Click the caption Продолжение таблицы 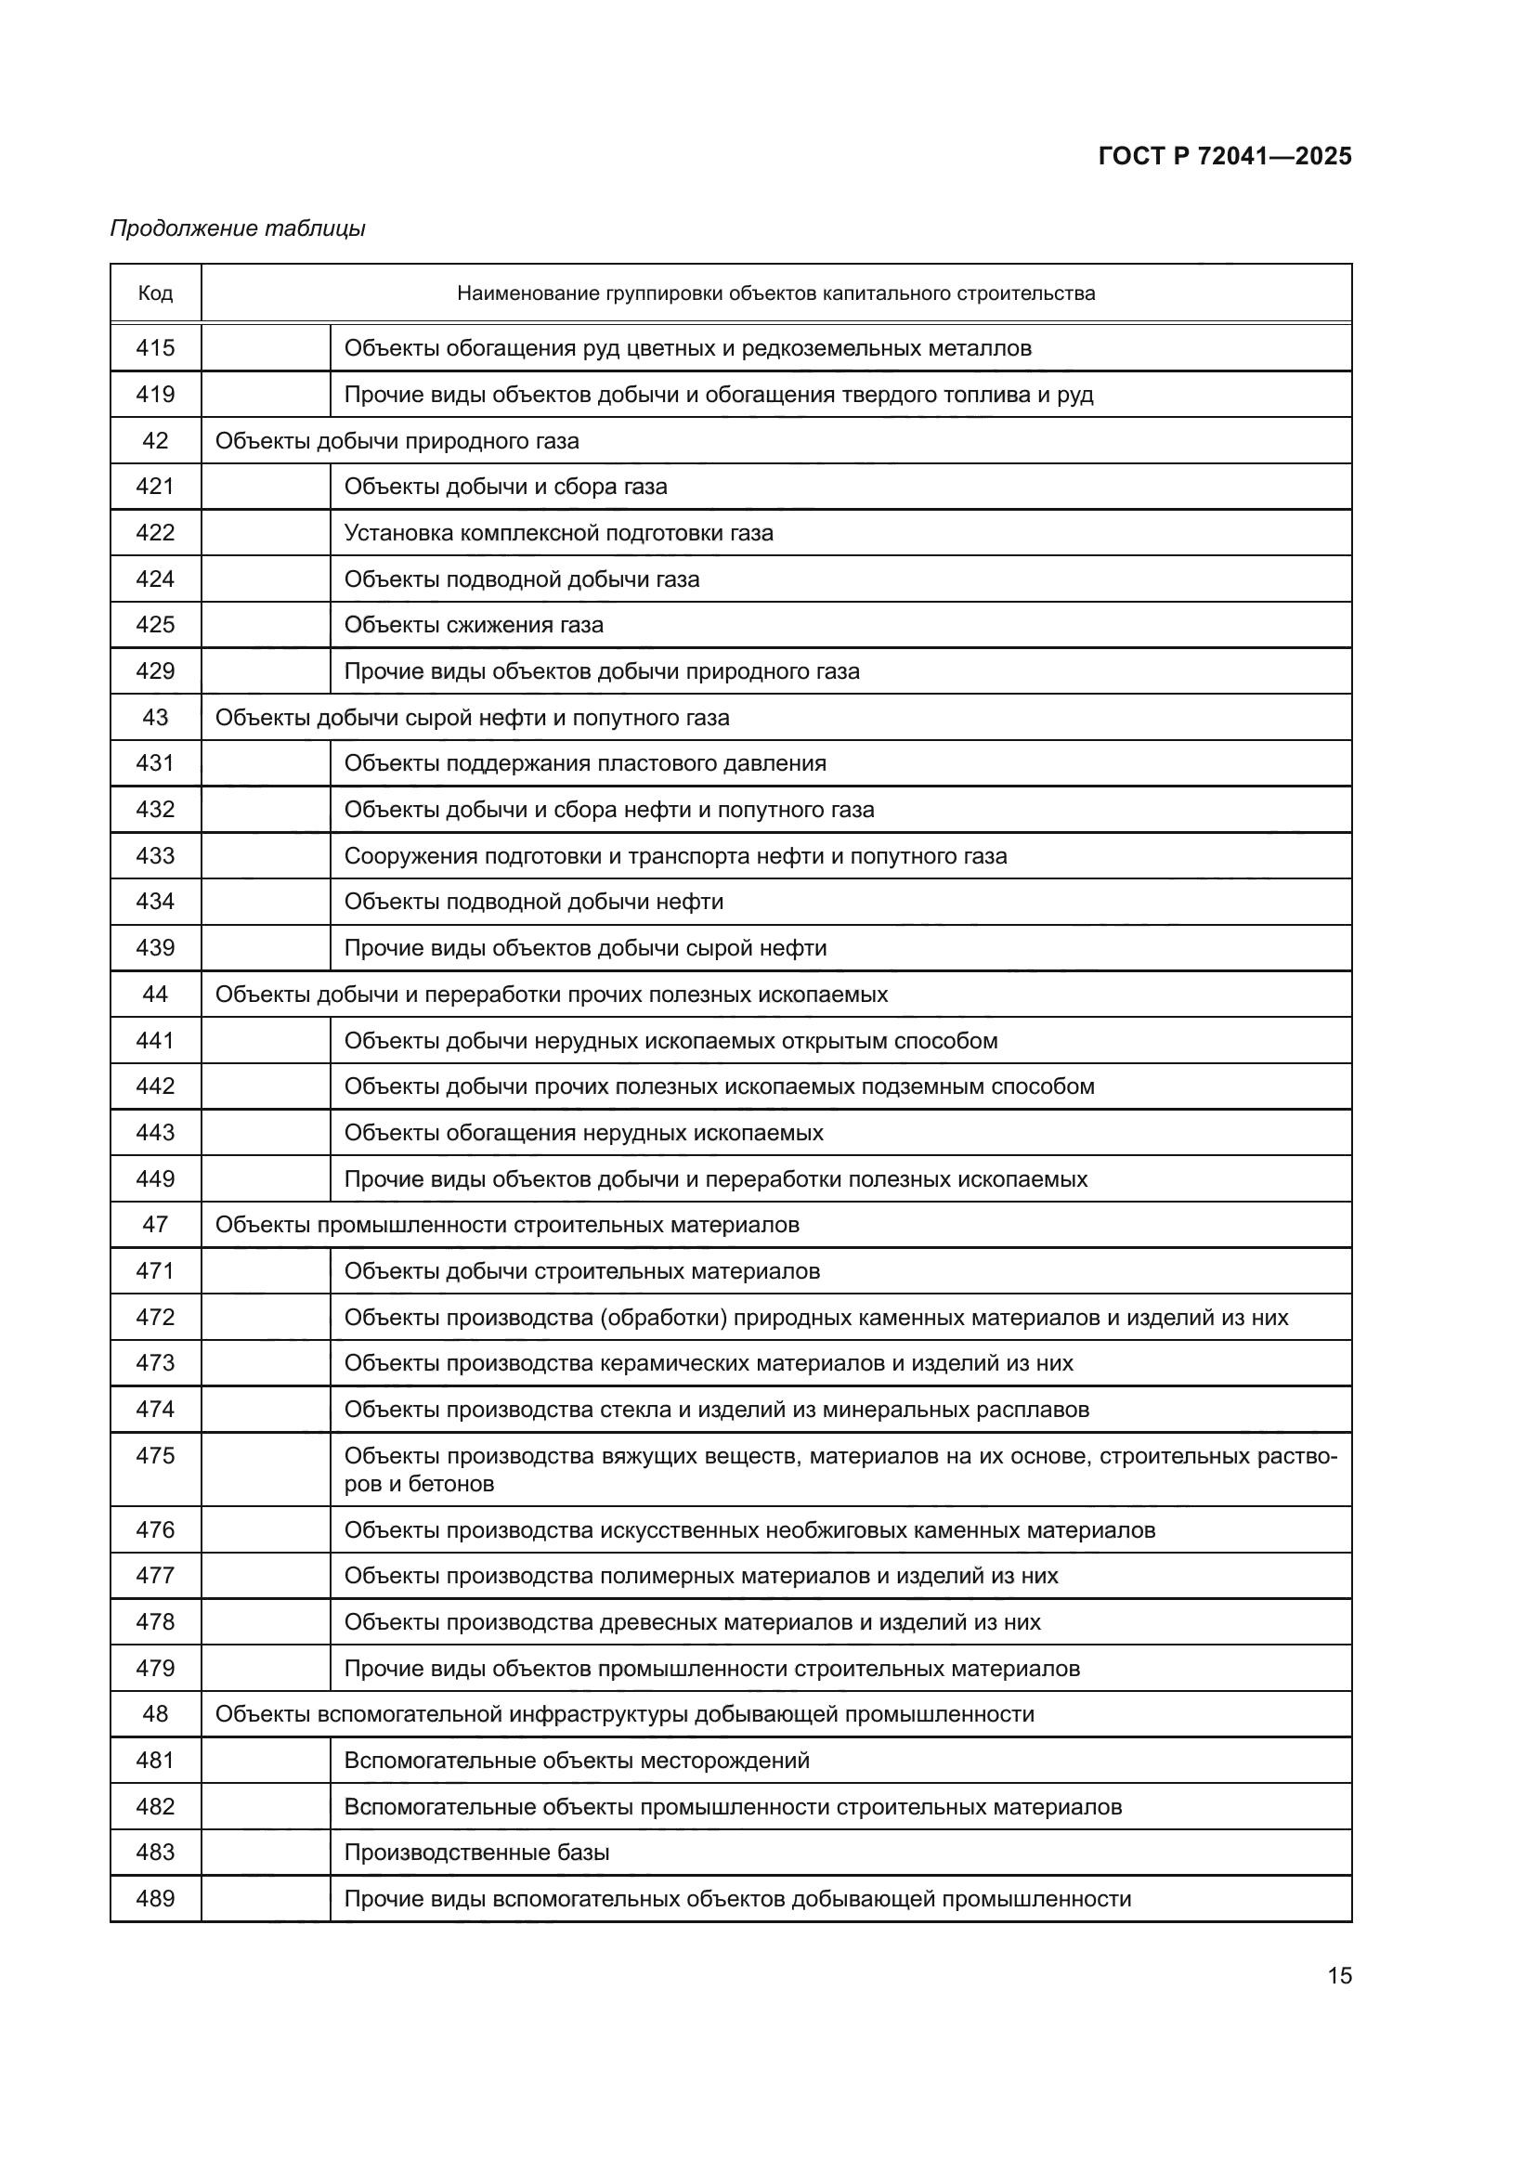click(x=238, y=229)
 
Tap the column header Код click(x=155, y=294)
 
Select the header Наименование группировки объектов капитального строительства click(x=775, y=294)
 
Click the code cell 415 click(x=155, y=348)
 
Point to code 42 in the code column click(x=155, y=441)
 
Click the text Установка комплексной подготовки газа click(x=558, y=534)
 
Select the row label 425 click(x=155, y=625)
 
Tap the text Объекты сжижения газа click(x=473, y=625)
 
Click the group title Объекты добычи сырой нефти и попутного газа click(x=472, y=718)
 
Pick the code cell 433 click(x=155, y=856)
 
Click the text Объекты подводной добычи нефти click(x=533, y=902)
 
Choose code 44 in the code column click(x=155, y=995)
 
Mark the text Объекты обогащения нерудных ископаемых click(x=583, y=1133)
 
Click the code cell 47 click(x=155, y=1225)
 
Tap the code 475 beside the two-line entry click(x=155, y=1456)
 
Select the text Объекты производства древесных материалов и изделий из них click(x=692, y=1622)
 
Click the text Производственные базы click(x=476, y=1853)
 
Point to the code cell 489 click(x=155, y=1899)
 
